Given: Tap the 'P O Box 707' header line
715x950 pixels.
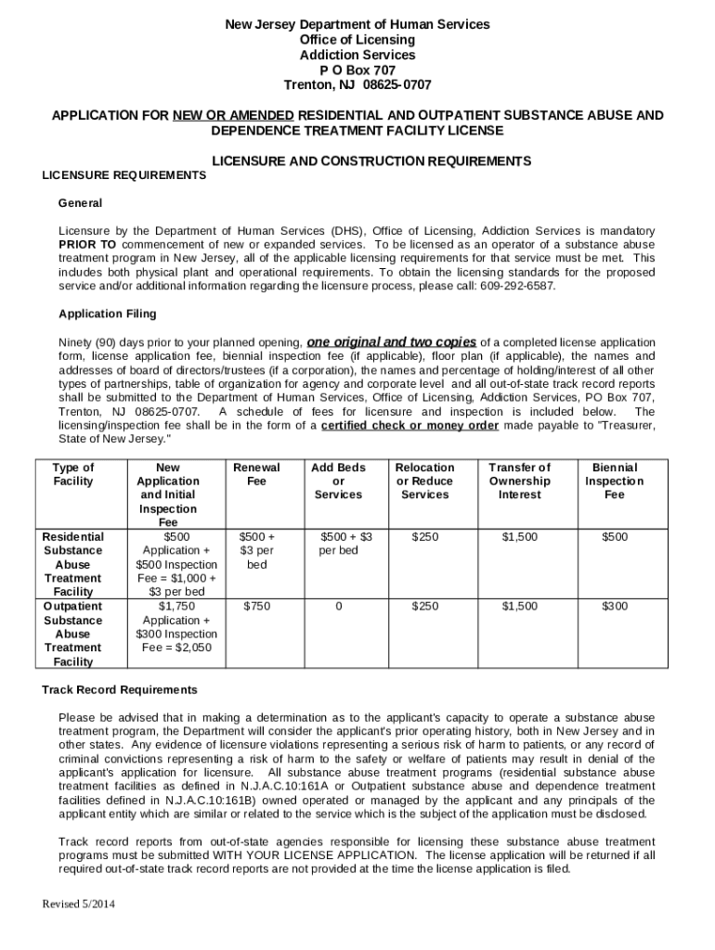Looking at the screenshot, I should pos(357,70).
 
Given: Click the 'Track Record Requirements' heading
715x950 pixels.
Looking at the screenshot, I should pos(120,690).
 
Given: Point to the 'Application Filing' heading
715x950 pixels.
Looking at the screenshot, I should pos(108,314).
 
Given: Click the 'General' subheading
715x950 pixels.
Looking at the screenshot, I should pos(80,203).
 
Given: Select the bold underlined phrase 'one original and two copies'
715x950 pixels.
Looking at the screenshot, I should pos(392,340).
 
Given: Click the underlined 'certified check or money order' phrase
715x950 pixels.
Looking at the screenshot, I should pos(410,426).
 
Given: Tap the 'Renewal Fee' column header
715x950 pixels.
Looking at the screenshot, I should pos(256,474).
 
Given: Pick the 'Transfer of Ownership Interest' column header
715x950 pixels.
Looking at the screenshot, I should pos(519,481).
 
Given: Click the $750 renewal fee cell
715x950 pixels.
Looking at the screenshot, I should pos(256,607).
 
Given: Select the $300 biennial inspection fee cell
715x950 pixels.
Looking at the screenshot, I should pos(614,607).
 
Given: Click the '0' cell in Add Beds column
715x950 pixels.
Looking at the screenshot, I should pos(338,607).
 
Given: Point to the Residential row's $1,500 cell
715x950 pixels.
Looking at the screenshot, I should pos(519,537).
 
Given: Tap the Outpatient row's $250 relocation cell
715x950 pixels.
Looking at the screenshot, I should pos(424,607).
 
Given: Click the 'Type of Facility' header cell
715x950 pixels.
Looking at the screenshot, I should pos(73,474).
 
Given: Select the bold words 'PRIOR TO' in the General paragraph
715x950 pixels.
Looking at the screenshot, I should pos(87,244).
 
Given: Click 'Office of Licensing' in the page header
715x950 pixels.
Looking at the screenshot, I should pos(357,40).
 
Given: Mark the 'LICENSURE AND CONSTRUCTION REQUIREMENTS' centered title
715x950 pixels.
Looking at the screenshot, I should pos(372,161).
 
